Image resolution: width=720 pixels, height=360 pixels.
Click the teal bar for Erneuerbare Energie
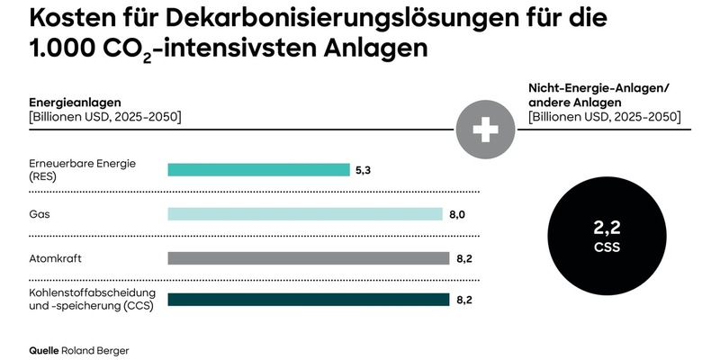click(x=258, y=170)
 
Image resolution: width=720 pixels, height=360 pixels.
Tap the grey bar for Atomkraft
click(x=308, y=258)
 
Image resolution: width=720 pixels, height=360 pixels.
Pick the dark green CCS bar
click(x=308, y=300)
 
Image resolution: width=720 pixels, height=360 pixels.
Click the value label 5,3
click(x=364, y=170)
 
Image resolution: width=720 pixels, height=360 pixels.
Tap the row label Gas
click(x=40, y=214)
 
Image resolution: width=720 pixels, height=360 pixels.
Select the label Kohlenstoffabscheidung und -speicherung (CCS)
click(x=93, y=300)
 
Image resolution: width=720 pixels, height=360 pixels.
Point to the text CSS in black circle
click(x=602, y=247)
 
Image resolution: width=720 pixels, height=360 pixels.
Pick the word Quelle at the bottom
click(x=44, y=349)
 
